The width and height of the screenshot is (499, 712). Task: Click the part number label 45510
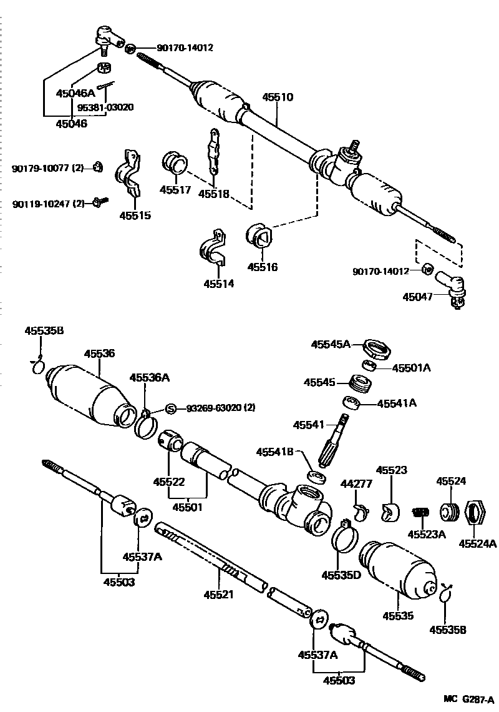278,97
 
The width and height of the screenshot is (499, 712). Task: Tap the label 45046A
75,93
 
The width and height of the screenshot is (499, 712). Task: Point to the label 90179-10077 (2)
47,168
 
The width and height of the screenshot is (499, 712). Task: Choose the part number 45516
262,267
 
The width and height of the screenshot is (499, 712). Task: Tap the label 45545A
331,344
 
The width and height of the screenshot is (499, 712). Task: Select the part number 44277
356,483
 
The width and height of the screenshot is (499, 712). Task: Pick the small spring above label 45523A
420,512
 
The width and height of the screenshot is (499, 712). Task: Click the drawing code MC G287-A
468,698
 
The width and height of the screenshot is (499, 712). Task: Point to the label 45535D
341,574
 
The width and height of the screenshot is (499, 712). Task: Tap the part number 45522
169,482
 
